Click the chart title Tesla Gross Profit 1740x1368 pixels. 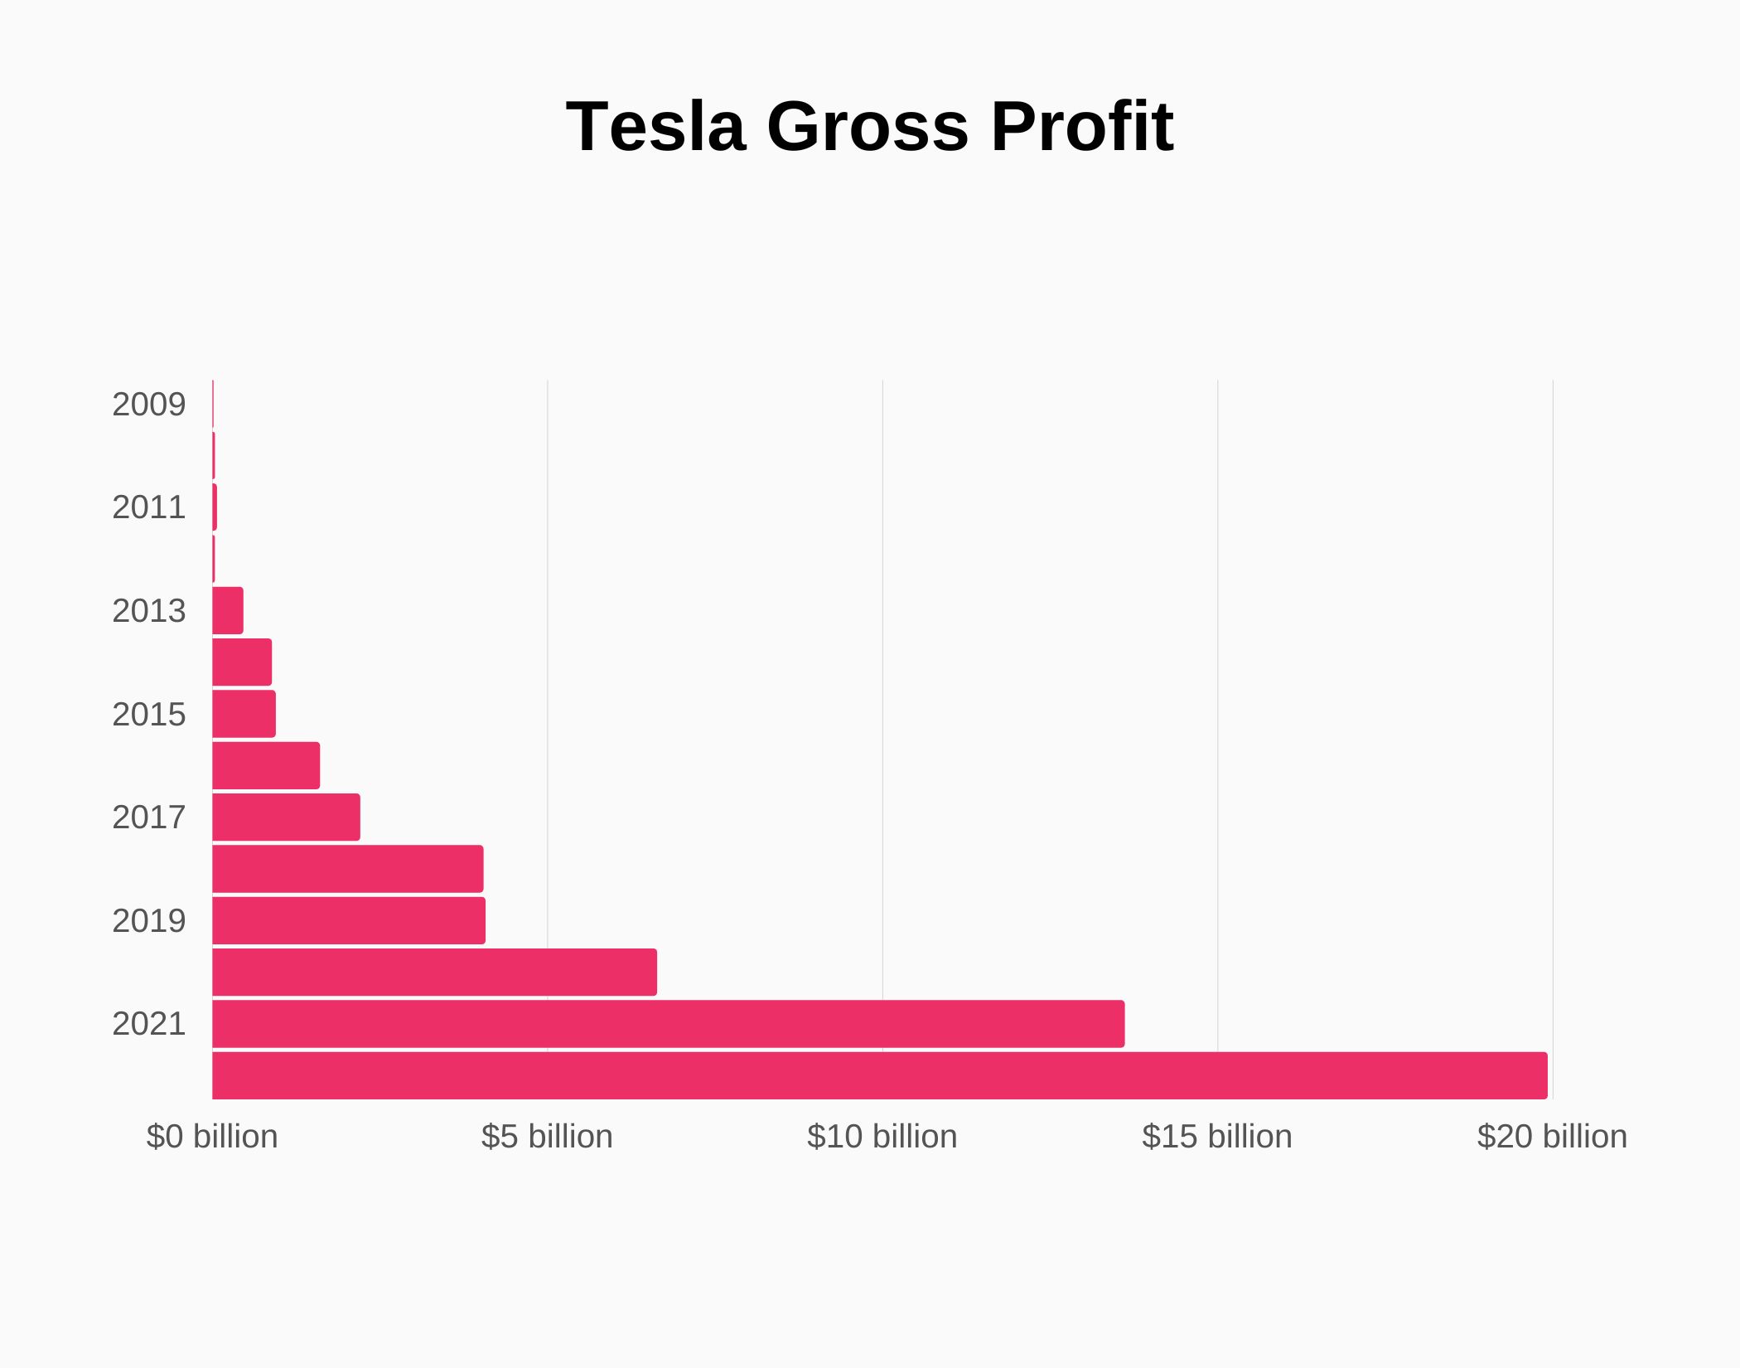point(869,126)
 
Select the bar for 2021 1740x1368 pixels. point(668,1024)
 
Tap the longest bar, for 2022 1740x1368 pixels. point(879,1075)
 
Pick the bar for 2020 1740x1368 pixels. point(434,972)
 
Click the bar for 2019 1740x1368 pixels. point(349,920)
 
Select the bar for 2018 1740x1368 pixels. point(348,869)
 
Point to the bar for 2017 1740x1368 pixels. point(286,817)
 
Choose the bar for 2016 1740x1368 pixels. point(266,765)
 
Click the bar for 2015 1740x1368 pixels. point(244,714)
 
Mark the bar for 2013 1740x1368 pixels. point(228,611)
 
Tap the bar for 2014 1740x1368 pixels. point(242,662)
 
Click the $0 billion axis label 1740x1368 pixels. point(212,1137)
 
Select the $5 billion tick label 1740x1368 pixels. point(547,1137)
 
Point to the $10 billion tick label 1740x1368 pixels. point(882,1137)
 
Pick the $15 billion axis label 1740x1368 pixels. point(1216,1137)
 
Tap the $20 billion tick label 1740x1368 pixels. point(1551,1137)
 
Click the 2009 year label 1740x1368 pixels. point(149,405)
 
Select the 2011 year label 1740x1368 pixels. point(149,507)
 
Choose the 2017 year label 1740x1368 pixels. point(149,817)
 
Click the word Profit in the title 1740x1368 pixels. point(1082,126)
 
